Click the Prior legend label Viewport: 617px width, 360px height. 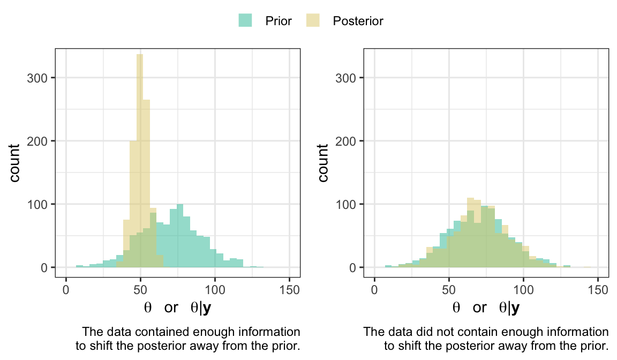click(279, 21)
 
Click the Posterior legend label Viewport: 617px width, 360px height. click(358, 21)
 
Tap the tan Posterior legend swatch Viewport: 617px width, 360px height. click(313, 21)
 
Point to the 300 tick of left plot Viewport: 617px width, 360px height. click(39, 78)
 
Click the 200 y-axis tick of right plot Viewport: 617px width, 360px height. click(347, 141)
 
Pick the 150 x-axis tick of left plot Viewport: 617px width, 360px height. click(290, 290)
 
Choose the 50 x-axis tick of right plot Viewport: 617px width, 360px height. click(449, 290)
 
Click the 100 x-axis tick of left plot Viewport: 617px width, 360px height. click(215, 290)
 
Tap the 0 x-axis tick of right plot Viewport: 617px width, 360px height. click(374, 290)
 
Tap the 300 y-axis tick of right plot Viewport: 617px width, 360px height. click(347, 78)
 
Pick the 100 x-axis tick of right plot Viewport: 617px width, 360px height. click(523, 290)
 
